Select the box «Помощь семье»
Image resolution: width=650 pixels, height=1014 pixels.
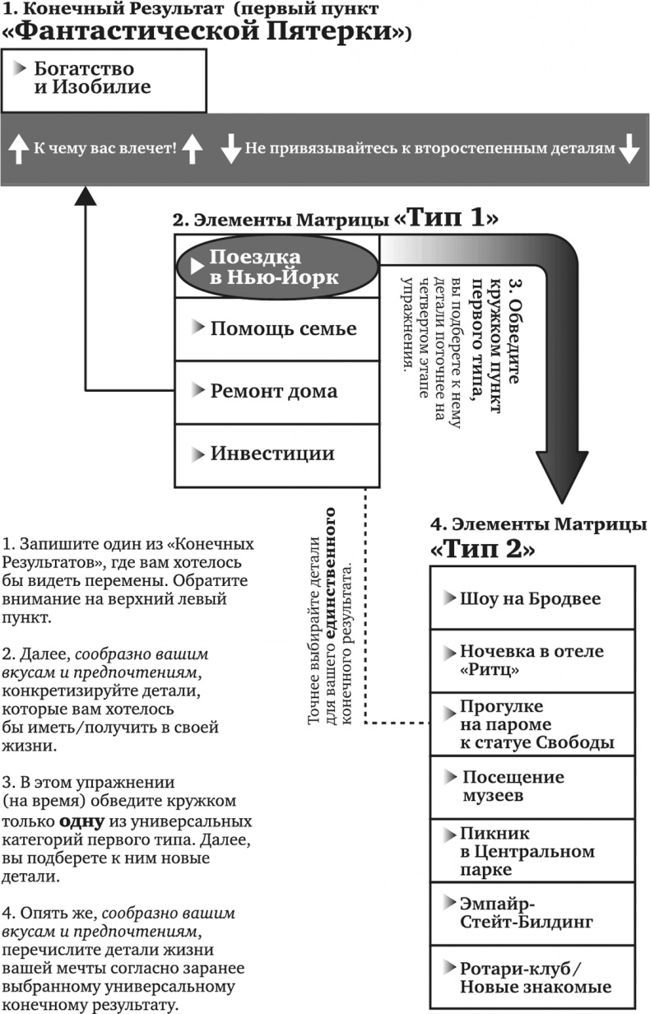click(x=276, y=328)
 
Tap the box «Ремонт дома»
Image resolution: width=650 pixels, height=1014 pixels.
click(x=276, y=391)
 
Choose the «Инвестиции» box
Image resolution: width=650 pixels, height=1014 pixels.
click(x=276, y=454)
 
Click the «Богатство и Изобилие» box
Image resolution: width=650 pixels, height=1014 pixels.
click(x=103, y=78)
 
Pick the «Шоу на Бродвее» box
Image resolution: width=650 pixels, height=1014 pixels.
click(x=532, y=598)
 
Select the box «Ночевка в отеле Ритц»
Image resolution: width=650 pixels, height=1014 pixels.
click(x=532, y=661)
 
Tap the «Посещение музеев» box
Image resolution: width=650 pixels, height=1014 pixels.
click(x=532, y=787)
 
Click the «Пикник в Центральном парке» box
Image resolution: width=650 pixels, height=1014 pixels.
click(x=532, y=850)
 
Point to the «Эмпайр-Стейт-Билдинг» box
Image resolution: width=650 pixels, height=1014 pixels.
click(x=532, y=912)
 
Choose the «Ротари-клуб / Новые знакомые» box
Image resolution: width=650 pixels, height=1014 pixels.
click(x=532, y=977)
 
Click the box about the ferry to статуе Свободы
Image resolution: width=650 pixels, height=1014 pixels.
click(x=532, y=724)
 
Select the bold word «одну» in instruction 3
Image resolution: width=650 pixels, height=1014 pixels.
click(x=78, y=821)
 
